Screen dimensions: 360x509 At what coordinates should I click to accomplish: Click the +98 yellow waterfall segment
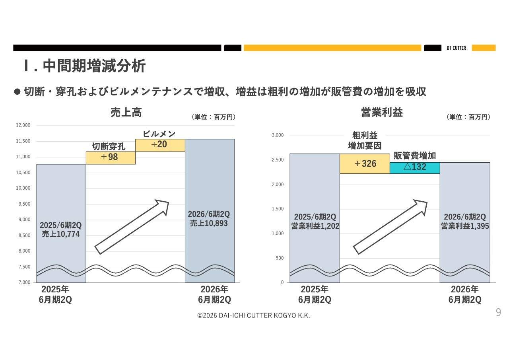point(111,158)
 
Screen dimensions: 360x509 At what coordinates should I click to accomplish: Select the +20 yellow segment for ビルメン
point(160,145)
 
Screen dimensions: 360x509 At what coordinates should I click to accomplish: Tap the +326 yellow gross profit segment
point(365,163)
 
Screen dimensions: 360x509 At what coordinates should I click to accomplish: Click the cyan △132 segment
point(415,167)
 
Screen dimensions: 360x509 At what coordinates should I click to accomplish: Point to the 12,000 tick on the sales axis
point(23,126)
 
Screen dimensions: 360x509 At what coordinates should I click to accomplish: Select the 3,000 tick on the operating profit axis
point(278,135)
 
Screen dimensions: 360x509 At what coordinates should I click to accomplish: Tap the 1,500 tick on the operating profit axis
point(278,209)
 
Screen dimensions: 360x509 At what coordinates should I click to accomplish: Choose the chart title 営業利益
point(382,113)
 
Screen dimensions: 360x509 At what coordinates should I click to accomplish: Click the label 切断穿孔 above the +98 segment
point(109,146)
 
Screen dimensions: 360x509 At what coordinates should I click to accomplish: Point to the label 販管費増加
point(415,156)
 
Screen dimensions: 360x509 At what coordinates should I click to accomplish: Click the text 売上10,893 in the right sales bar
point(209,224)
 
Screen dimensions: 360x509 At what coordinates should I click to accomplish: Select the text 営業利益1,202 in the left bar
point(315,226)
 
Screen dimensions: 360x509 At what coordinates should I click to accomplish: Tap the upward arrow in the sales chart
point(132,227)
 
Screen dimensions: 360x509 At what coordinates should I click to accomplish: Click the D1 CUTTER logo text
point(456,48)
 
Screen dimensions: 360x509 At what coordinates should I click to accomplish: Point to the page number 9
point(498,312)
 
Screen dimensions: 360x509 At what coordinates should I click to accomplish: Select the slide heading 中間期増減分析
point(94,66)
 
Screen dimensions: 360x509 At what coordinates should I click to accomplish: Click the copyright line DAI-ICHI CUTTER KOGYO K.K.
point(253,315)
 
